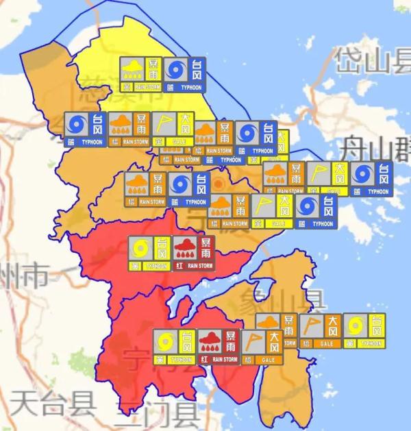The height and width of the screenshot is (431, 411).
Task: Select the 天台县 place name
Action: point(54,402)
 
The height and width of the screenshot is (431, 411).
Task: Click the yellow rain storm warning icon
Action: point(140,73)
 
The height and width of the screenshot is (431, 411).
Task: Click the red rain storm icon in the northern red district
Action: point(193,253)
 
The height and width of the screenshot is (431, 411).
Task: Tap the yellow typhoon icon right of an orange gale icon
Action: point(364,330)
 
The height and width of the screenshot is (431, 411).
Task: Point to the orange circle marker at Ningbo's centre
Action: point(219,184)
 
